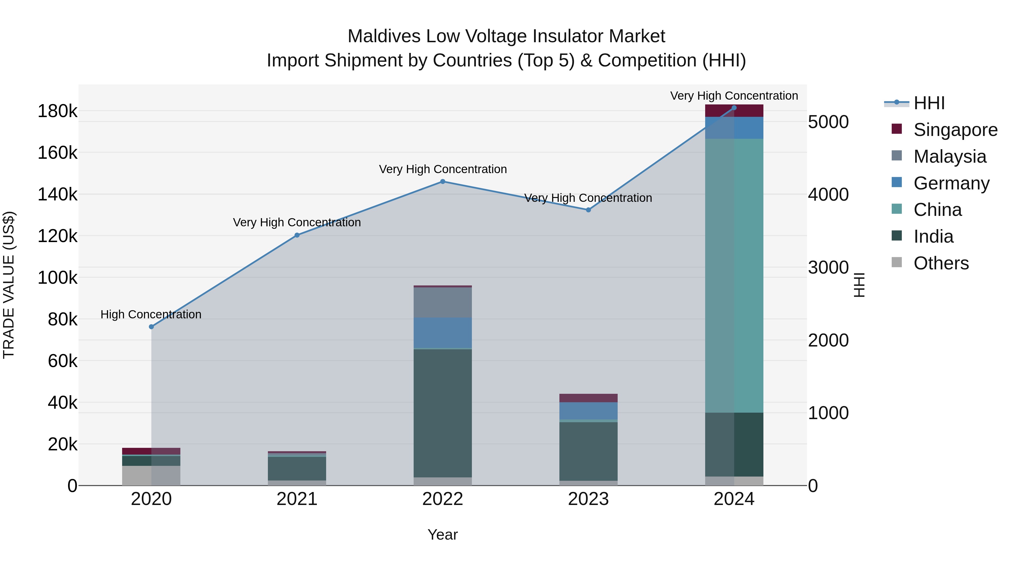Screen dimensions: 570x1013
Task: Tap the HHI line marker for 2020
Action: pyautogui.click(x=151, y=327)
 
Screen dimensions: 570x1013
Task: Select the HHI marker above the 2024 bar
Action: pyautogui.click(x=734, y=108)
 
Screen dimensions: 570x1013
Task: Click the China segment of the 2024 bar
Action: pyautogui.click(x=734, y=275)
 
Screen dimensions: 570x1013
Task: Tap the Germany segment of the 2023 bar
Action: pyautogui.click(x=588, y=411)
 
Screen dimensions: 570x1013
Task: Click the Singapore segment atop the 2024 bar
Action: pyautogui.click(x=734, y=111)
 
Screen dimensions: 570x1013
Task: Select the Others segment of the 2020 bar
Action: pyautogui.click(x=151, y=476)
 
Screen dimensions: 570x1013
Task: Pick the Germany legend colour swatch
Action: pyautogui.click(x=897, y=182)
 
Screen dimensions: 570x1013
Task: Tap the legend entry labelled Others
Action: pyautogui.click(x=941, y=263)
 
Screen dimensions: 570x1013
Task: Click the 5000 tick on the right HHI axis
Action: pyautogui.click(x=828, y=122)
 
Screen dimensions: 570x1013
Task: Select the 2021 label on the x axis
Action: pyautogui.click(x=297, y=499)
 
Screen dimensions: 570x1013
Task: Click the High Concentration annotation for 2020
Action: pyautogui.click(x=151, y=315)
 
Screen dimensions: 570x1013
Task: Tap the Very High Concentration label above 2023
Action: pyautogui.click(x=588, y=198)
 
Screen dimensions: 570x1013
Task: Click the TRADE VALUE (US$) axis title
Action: pyautogui.click(x=9, y=285)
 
